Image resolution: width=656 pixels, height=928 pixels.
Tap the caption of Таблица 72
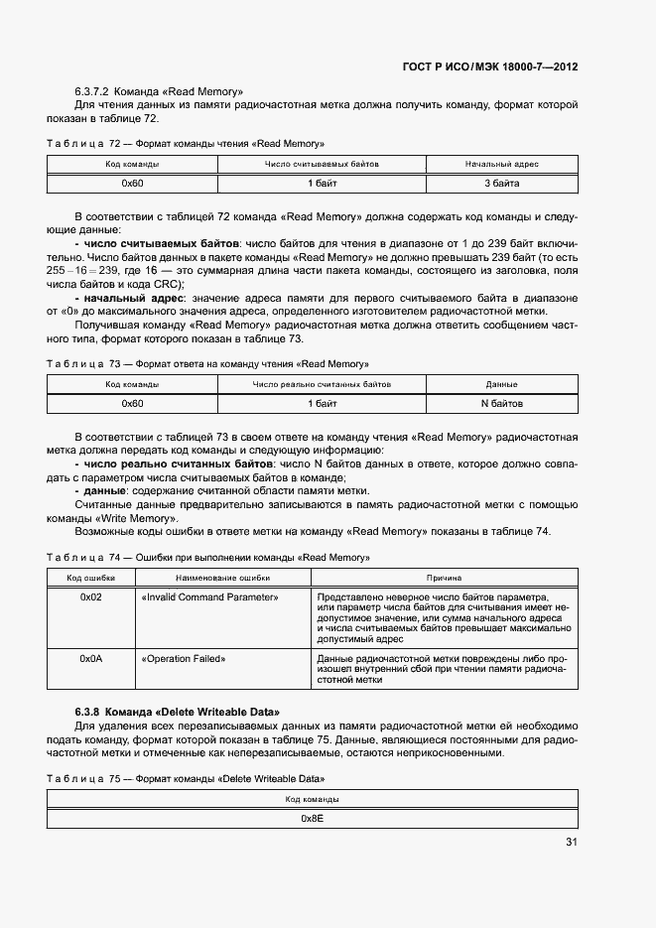coord(186,144)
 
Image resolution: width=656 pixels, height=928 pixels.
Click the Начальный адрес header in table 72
coord(501,164)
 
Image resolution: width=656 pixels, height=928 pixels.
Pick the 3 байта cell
coord(501,184)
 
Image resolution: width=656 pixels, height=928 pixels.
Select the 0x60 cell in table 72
coord(133,184)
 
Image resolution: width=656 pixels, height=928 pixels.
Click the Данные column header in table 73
coord(501,384)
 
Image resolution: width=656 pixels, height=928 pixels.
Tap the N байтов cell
coord(501,404)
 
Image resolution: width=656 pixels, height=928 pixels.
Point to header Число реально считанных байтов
coord(322,384)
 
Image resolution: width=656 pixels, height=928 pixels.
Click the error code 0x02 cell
coord(91,597)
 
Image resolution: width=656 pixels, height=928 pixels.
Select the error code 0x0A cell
coord(91,658)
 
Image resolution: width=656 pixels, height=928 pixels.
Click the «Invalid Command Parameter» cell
coord(209,597)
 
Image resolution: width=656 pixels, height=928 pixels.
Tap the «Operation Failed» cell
coord(184,658)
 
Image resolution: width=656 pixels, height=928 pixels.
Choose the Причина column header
coord(444,577)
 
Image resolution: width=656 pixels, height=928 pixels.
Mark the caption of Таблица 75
coord(186,778)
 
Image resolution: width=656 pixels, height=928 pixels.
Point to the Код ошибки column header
coord(91,577)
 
